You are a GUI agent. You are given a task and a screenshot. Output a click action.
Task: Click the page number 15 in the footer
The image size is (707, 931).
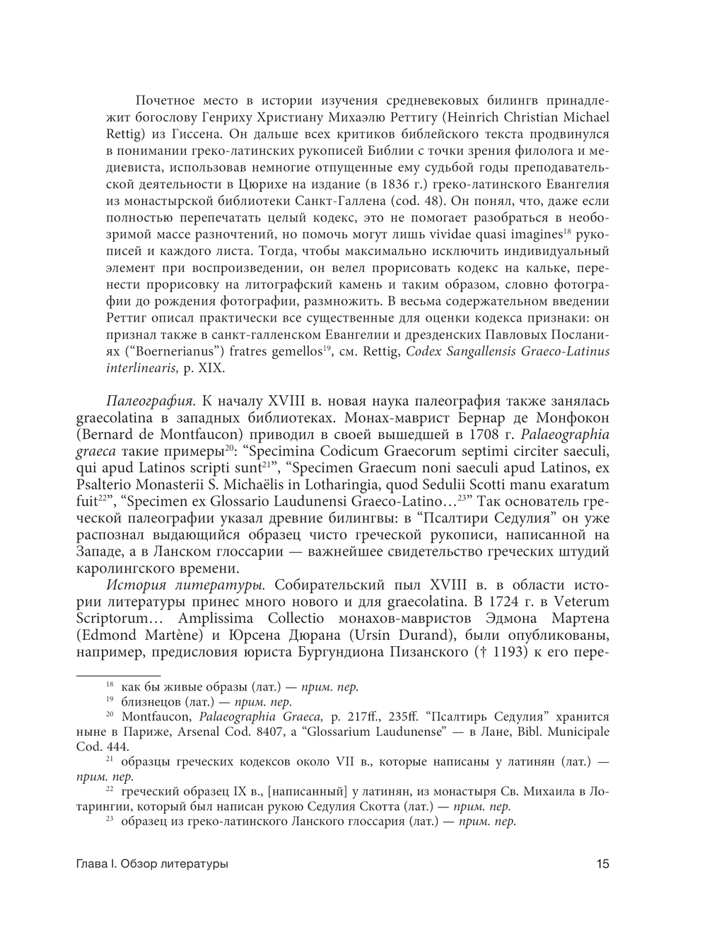pyautogui.click(x=602, y=863)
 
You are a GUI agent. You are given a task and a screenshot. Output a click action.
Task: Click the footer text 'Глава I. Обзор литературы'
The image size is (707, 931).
pyautogui.click(x=152, y=863)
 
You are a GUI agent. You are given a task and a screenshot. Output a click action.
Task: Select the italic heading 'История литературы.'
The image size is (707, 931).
pyautogui.click(x=186, y=585)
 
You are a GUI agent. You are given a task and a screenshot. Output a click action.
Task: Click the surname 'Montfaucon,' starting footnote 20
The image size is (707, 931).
pyautogui.click(x=153, y=716)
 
